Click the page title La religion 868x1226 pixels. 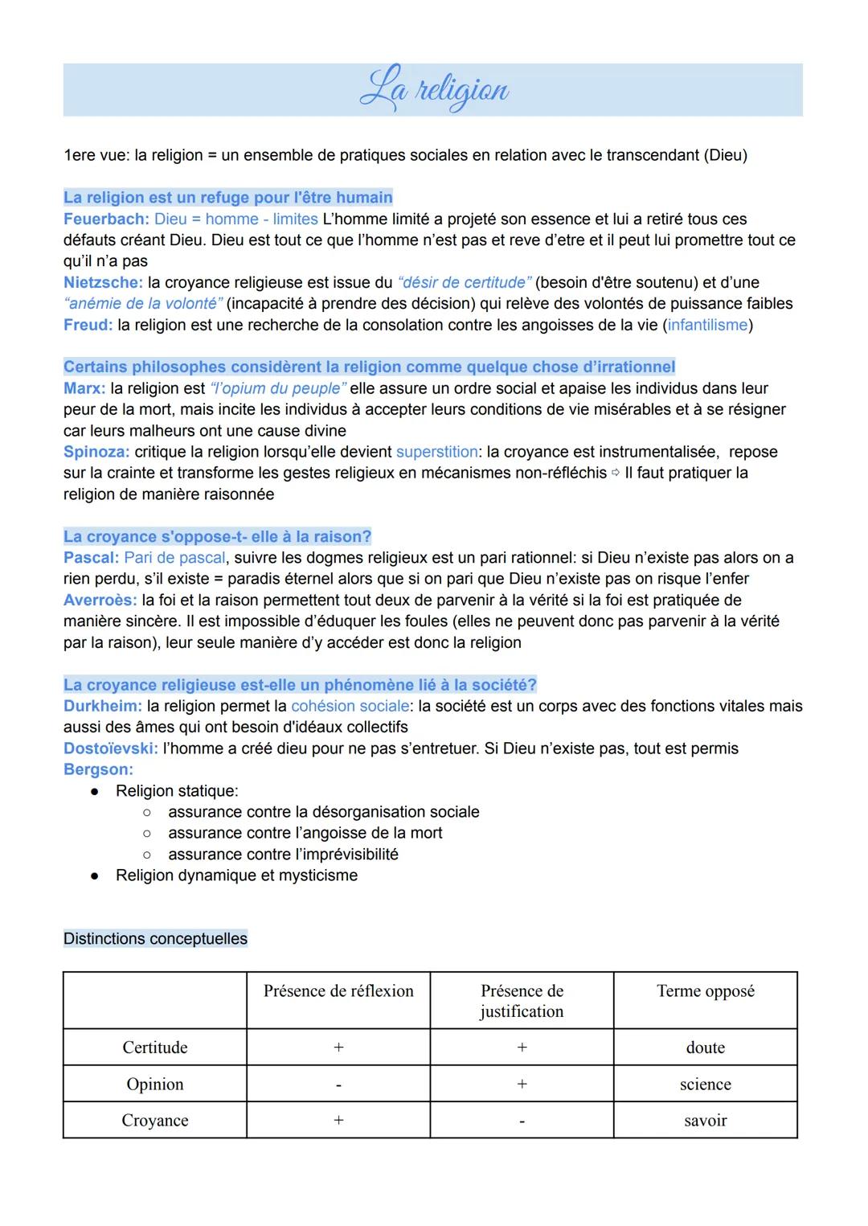pyautogui.click(x=434, y=90)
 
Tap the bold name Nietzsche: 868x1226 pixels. pyautogui.click(x=103, y=282)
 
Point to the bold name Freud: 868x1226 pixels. pyautogui.click(x=88, y=325)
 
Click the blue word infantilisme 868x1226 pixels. pyautogui.click(x=707, y=325)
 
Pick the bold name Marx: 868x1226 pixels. pyautogui.click(x=84, y=388)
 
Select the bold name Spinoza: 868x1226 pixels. pyautogui.click(x=96, y=452)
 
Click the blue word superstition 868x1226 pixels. pyautogui.click(x=437, y=452)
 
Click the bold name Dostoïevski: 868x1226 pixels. pyautogui.click(x=110, y=748)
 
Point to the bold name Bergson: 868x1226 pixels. pyautogui.click(x=98, y=769)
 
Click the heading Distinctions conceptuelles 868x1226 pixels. pyautogui.click(x=155, y=938)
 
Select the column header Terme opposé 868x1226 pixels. pyautogui.click(x=705, y=991)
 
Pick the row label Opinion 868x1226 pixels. pyautogui.click(x=154, y=1084)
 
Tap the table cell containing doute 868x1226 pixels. pyautogui.click(x=705, y=1048)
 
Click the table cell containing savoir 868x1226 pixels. pyautogui.click(x=705, y=1120)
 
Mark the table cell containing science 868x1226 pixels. pyautogui.click(x=705, y=1084)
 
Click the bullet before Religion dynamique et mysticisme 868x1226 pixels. pyautogui.click(x=95, y=875)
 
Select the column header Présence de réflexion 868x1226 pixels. pyautogui.click(x=338, y=991)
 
